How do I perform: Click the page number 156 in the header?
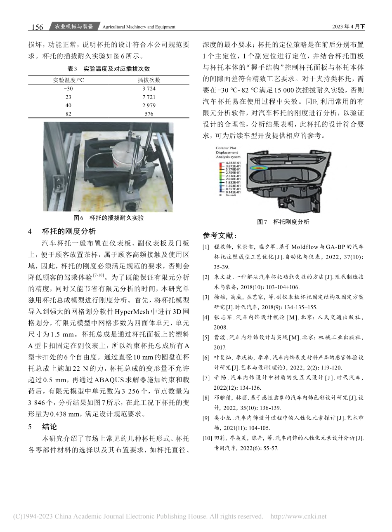[x=37, y=27]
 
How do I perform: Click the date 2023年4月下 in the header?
[x=348, y=27]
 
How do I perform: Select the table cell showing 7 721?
[x=149, y=97]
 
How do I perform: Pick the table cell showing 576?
[x=149, y=114]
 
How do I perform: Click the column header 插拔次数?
[x=149, y=80]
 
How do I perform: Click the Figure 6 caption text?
[x=109, y=217]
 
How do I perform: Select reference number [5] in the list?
[x=205, y=337]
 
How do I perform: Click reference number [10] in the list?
[x=206, y=438]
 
